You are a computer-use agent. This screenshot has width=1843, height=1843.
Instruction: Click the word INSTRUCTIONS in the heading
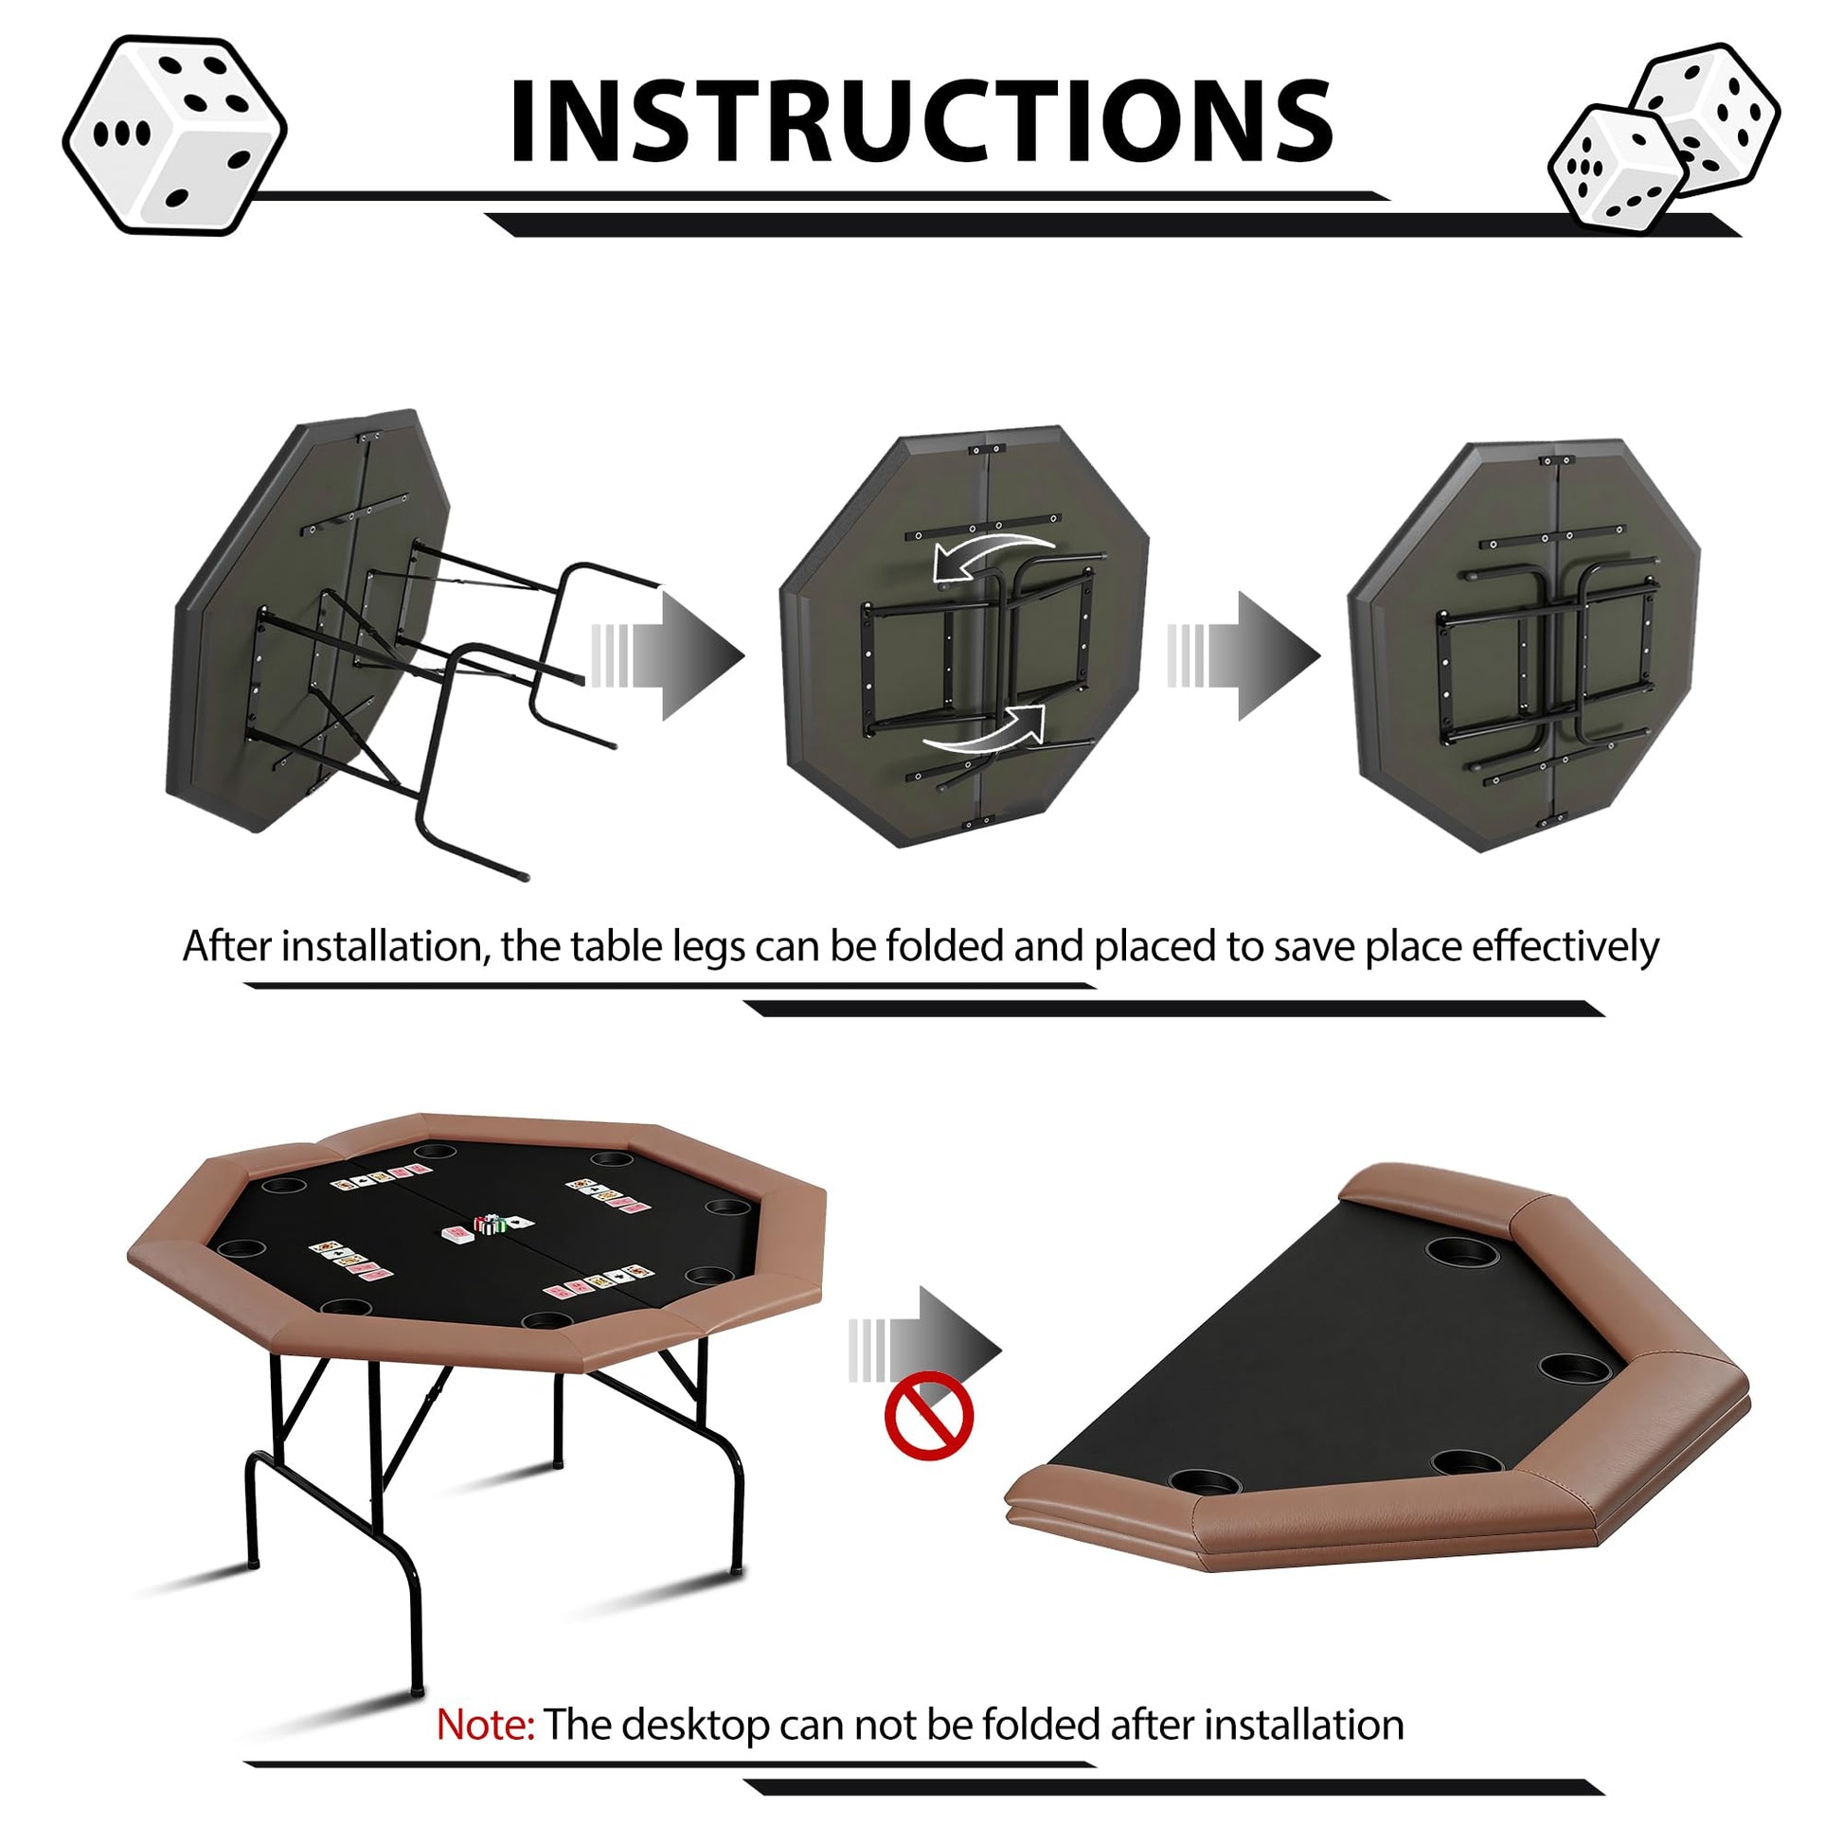pos(921,121)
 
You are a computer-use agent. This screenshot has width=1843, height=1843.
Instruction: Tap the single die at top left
pos(174,134)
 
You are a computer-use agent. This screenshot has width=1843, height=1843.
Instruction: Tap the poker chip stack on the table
pos(491,1225)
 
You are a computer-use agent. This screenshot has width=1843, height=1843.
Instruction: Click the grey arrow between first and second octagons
pos(668,655)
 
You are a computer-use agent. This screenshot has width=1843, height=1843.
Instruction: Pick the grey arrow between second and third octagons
pos(1244,655)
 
